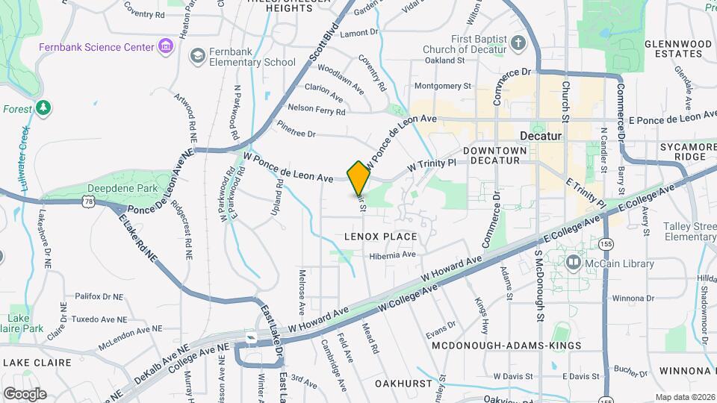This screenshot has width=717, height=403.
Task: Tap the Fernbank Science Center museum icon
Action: point(166,48)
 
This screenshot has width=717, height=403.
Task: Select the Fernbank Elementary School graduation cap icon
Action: point(197,55)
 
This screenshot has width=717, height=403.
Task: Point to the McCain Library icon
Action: point(574,262)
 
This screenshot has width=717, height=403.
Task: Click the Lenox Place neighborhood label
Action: point(380,236)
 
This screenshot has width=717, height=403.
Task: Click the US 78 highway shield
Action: point(90,201)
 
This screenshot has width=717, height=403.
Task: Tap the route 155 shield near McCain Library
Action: point(607,244)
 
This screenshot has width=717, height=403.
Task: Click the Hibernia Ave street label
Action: point(392,254)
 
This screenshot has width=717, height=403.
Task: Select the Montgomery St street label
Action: point(442,86)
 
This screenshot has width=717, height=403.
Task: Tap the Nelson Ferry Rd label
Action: point(317,110)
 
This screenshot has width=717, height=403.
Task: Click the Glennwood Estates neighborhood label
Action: point(677,49)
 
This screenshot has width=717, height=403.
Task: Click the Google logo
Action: point(25,393)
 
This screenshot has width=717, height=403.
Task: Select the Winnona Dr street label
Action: point(633,298)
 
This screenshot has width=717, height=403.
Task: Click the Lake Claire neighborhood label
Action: point(37,363)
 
